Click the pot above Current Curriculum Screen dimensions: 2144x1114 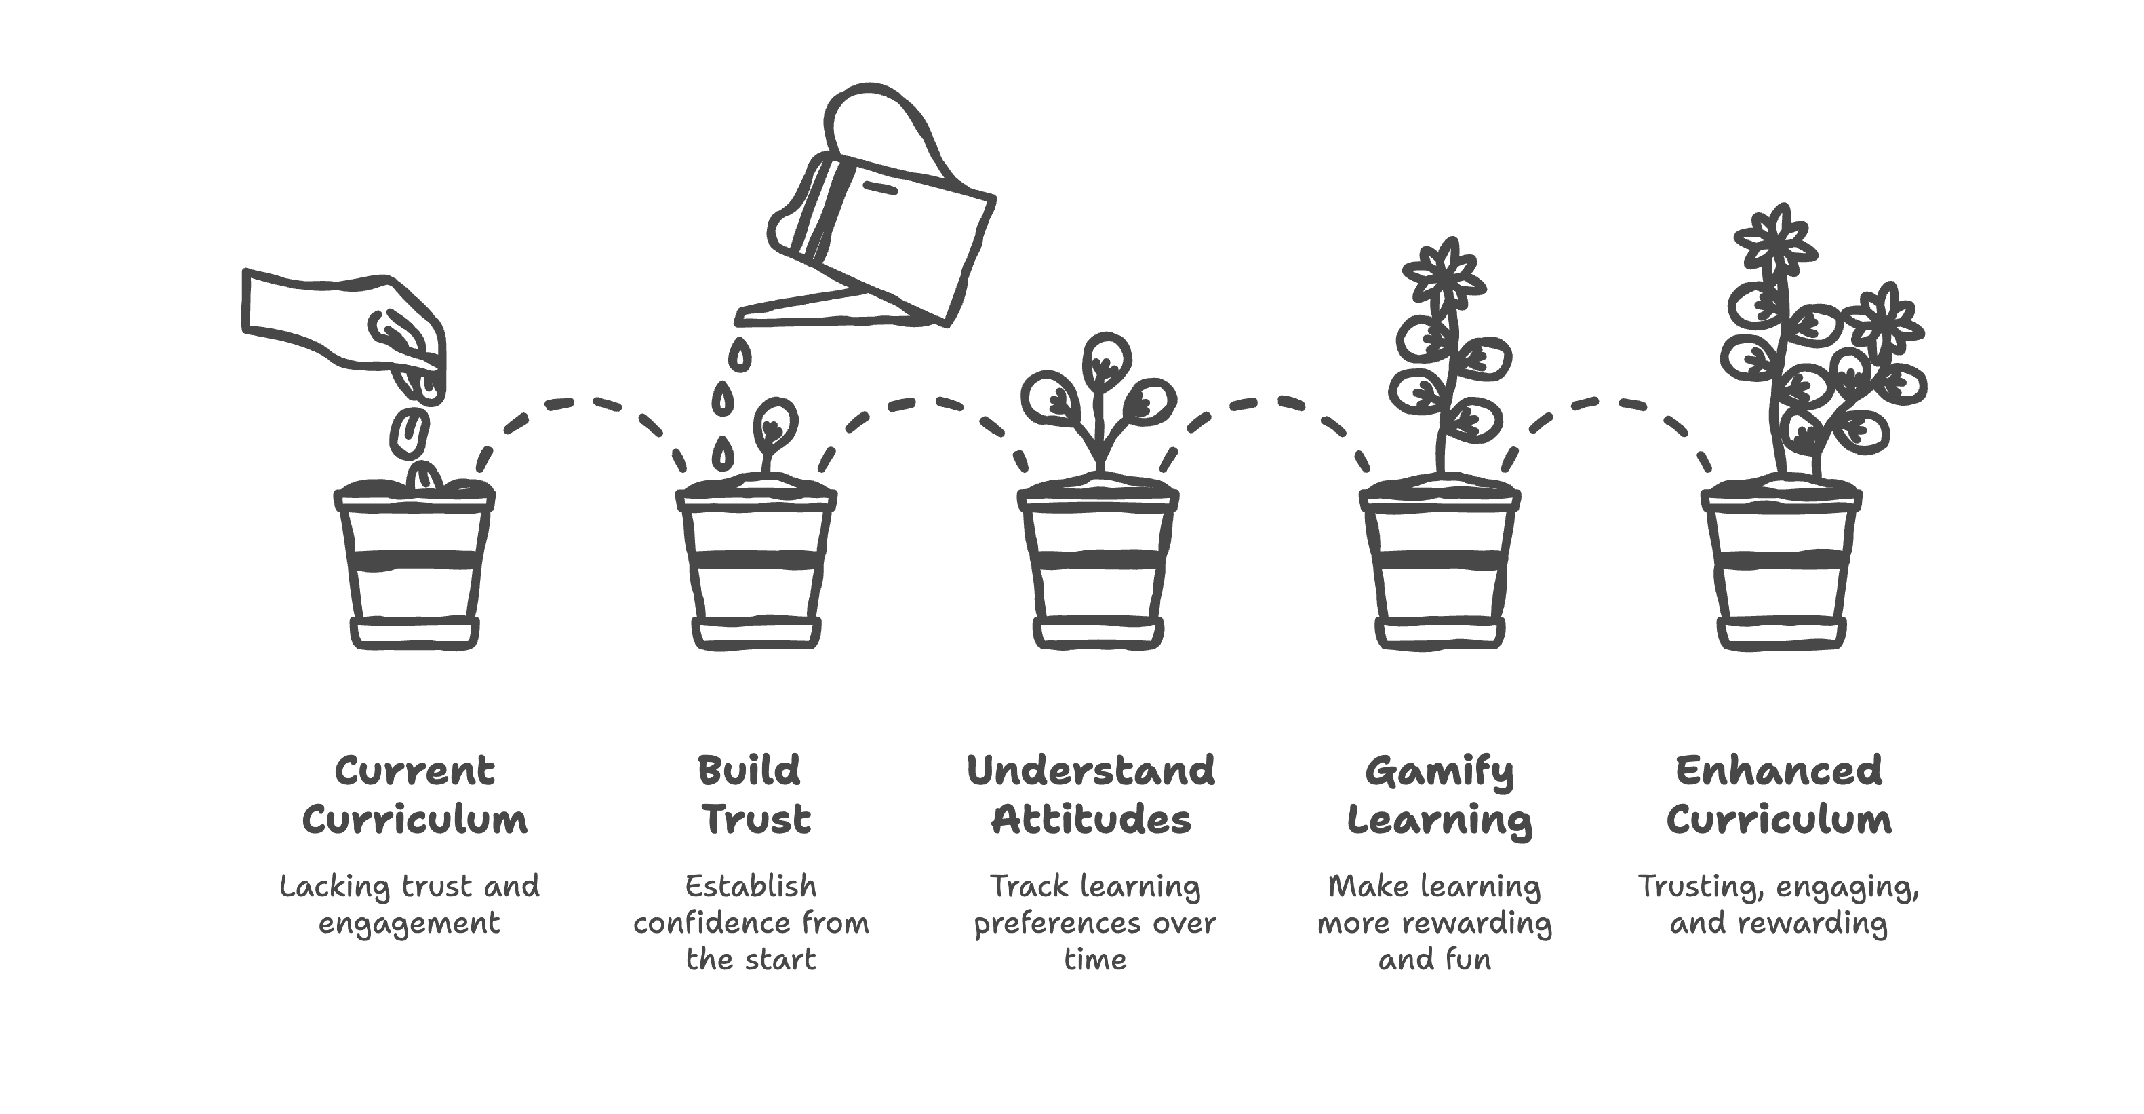click(414, 566)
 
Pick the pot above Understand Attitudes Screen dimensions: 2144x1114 click(1098, 566)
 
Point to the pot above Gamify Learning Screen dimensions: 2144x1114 click(1439, 566)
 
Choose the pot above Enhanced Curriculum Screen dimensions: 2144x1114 click(1781, 566)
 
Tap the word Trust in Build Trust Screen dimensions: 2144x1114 click(757, 820)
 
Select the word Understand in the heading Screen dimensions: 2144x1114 click(1090, 771)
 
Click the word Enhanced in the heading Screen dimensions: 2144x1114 click(1779, 771)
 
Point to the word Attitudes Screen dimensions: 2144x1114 click(1091, 820)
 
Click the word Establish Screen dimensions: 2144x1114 click(751, 886)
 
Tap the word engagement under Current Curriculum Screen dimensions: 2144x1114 click(410, 923)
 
